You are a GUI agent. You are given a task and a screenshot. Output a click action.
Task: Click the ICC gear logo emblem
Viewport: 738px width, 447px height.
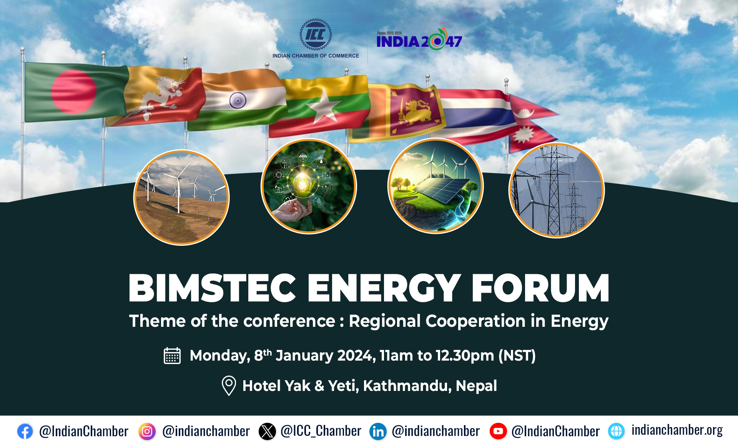[316, 35]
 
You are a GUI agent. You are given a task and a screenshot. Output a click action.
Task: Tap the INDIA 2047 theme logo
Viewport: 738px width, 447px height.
[419, 39]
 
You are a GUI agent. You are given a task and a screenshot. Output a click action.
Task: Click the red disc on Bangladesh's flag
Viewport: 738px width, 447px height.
[73, 92]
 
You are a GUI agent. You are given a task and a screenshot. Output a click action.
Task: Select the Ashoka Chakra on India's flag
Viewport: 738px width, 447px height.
[238, 100]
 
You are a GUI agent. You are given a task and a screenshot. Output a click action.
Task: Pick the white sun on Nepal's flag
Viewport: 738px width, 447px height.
[523, 135]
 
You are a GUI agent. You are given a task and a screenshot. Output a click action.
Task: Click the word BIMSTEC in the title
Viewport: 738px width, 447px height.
[212, 288]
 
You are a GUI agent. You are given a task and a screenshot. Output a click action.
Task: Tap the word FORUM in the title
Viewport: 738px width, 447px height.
[540, 288]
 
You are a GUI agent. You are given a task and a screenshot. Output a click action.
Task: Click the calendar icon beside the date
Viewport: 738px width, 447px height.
[172, 355]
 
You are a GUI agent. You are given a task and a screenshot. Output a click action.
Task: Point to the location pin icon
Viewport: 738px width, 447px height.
[229, 386]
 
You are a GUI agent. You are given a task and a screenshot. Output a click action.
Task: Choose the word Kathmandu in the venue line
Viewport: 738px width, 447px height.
[407, 386]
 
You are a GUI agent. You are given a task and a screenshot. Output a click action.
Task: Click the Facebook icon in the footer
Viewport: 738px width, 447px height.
[25, 431]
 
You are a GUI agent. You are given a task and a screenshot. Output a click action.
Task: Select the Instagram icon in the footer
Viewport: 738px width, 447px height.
[147, 431]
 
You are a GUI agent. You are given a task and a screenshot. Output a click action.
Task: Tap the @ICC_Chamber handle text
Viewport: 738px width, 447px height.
[321, 431]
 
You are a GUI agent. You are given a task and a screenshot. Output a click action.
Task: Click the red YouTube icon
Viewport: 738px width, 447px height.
[498, 431]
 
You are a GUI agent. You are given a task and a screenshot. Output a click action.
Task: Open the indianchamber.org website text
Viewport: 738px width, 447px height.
[677, 430]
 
